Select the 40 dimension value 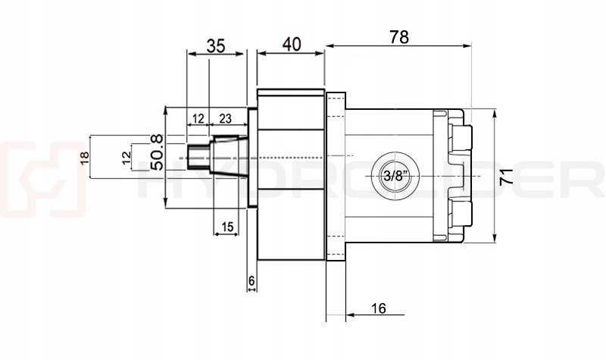pyautogui.click(x=291, y=44)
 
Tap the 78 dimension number pyautogui.click(x=398, y=37)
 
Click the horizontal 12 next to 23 pyautogui.click(x=198, y=118)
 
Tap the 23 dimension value pyautogui.click(x=225, y=118)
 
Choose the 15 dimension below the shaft pyautogui.click(x=226, y=226)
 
